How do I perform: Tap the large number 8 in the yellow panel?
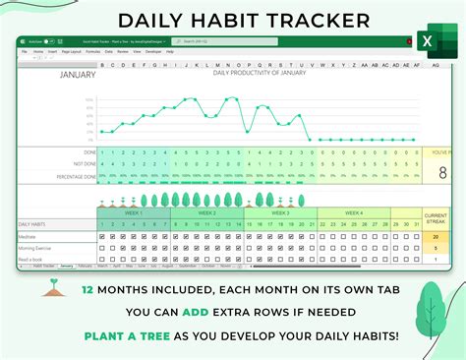click(x=442, y=172)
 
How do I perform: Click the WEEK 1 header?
click(x=132, y=212)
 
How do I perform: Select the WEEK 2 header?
click(x=205, y=212)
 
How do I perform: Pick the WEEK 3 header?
click(x=279, y=212)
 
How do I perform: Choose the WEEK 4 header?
click(x=353, y=212)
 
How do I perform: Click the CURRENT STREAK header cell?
click(x=436, y=219)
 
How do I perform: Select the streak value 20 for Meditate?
click(x=436, y=237)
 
